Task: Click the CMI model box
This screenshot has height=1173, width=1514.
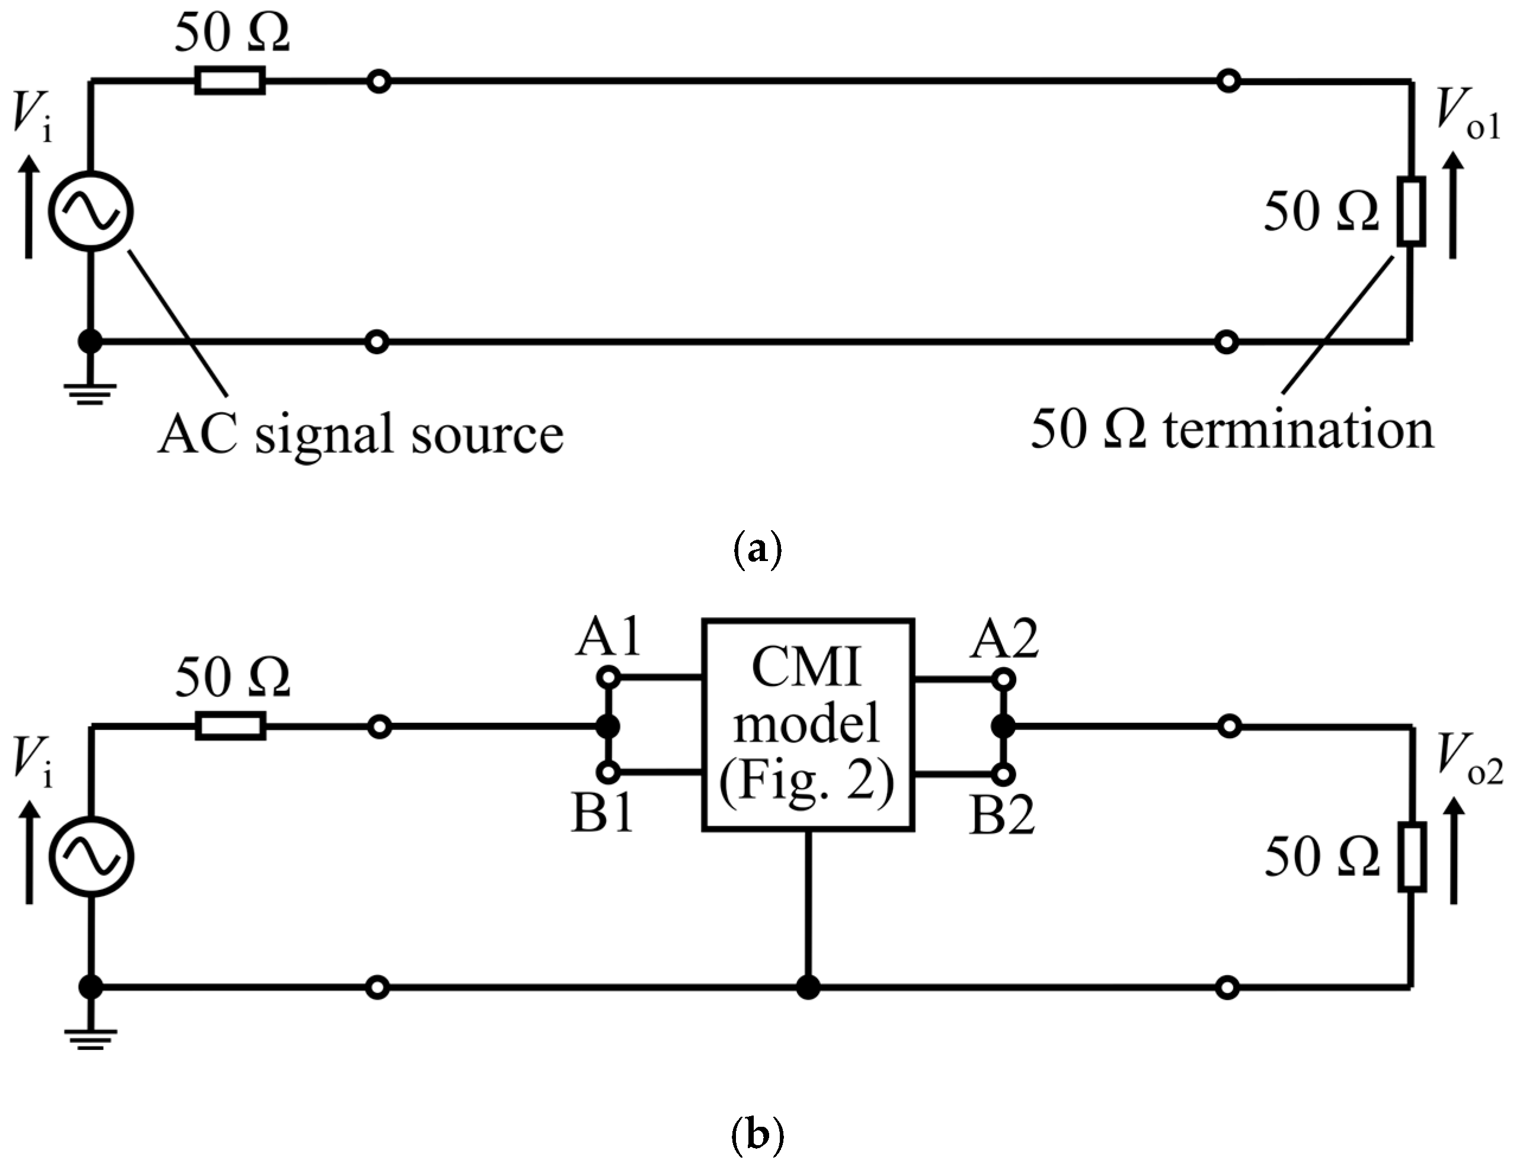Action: (x=808, y=725)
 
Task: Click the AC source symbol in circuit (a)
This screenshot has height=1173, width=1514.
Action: (x=91, y=211)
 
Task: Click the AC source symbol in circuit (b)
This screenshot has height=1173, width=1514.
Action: (x=91, y=857)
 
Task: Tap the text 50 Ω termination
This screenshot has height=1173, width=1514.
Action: (x=1231, y=431)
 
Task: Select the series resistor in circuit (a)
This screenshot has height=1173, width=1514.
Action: (x=229, y=81)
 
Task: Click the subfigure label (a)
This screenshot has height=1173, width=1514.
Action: (x=757, y=551)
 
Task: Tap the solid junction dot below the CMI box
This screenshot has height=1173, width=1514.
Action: (x=808, y=986)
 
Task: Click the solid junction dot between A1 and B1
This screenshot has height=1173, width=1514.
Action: (x=608, y=726)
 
